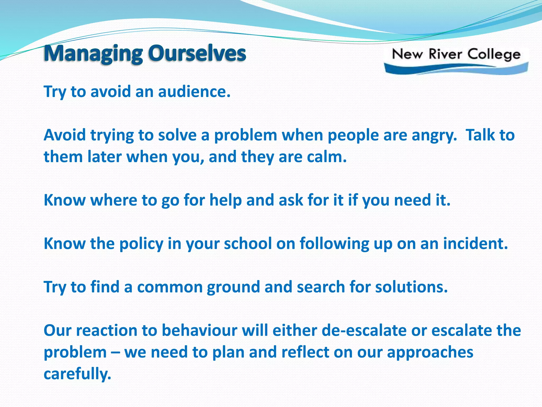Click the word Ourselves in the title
(197, 54)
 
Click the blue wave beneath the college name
(455, 68)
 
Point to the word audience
(194, 92)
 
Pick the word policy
(141, 244)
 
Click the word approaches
(430, 353)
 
